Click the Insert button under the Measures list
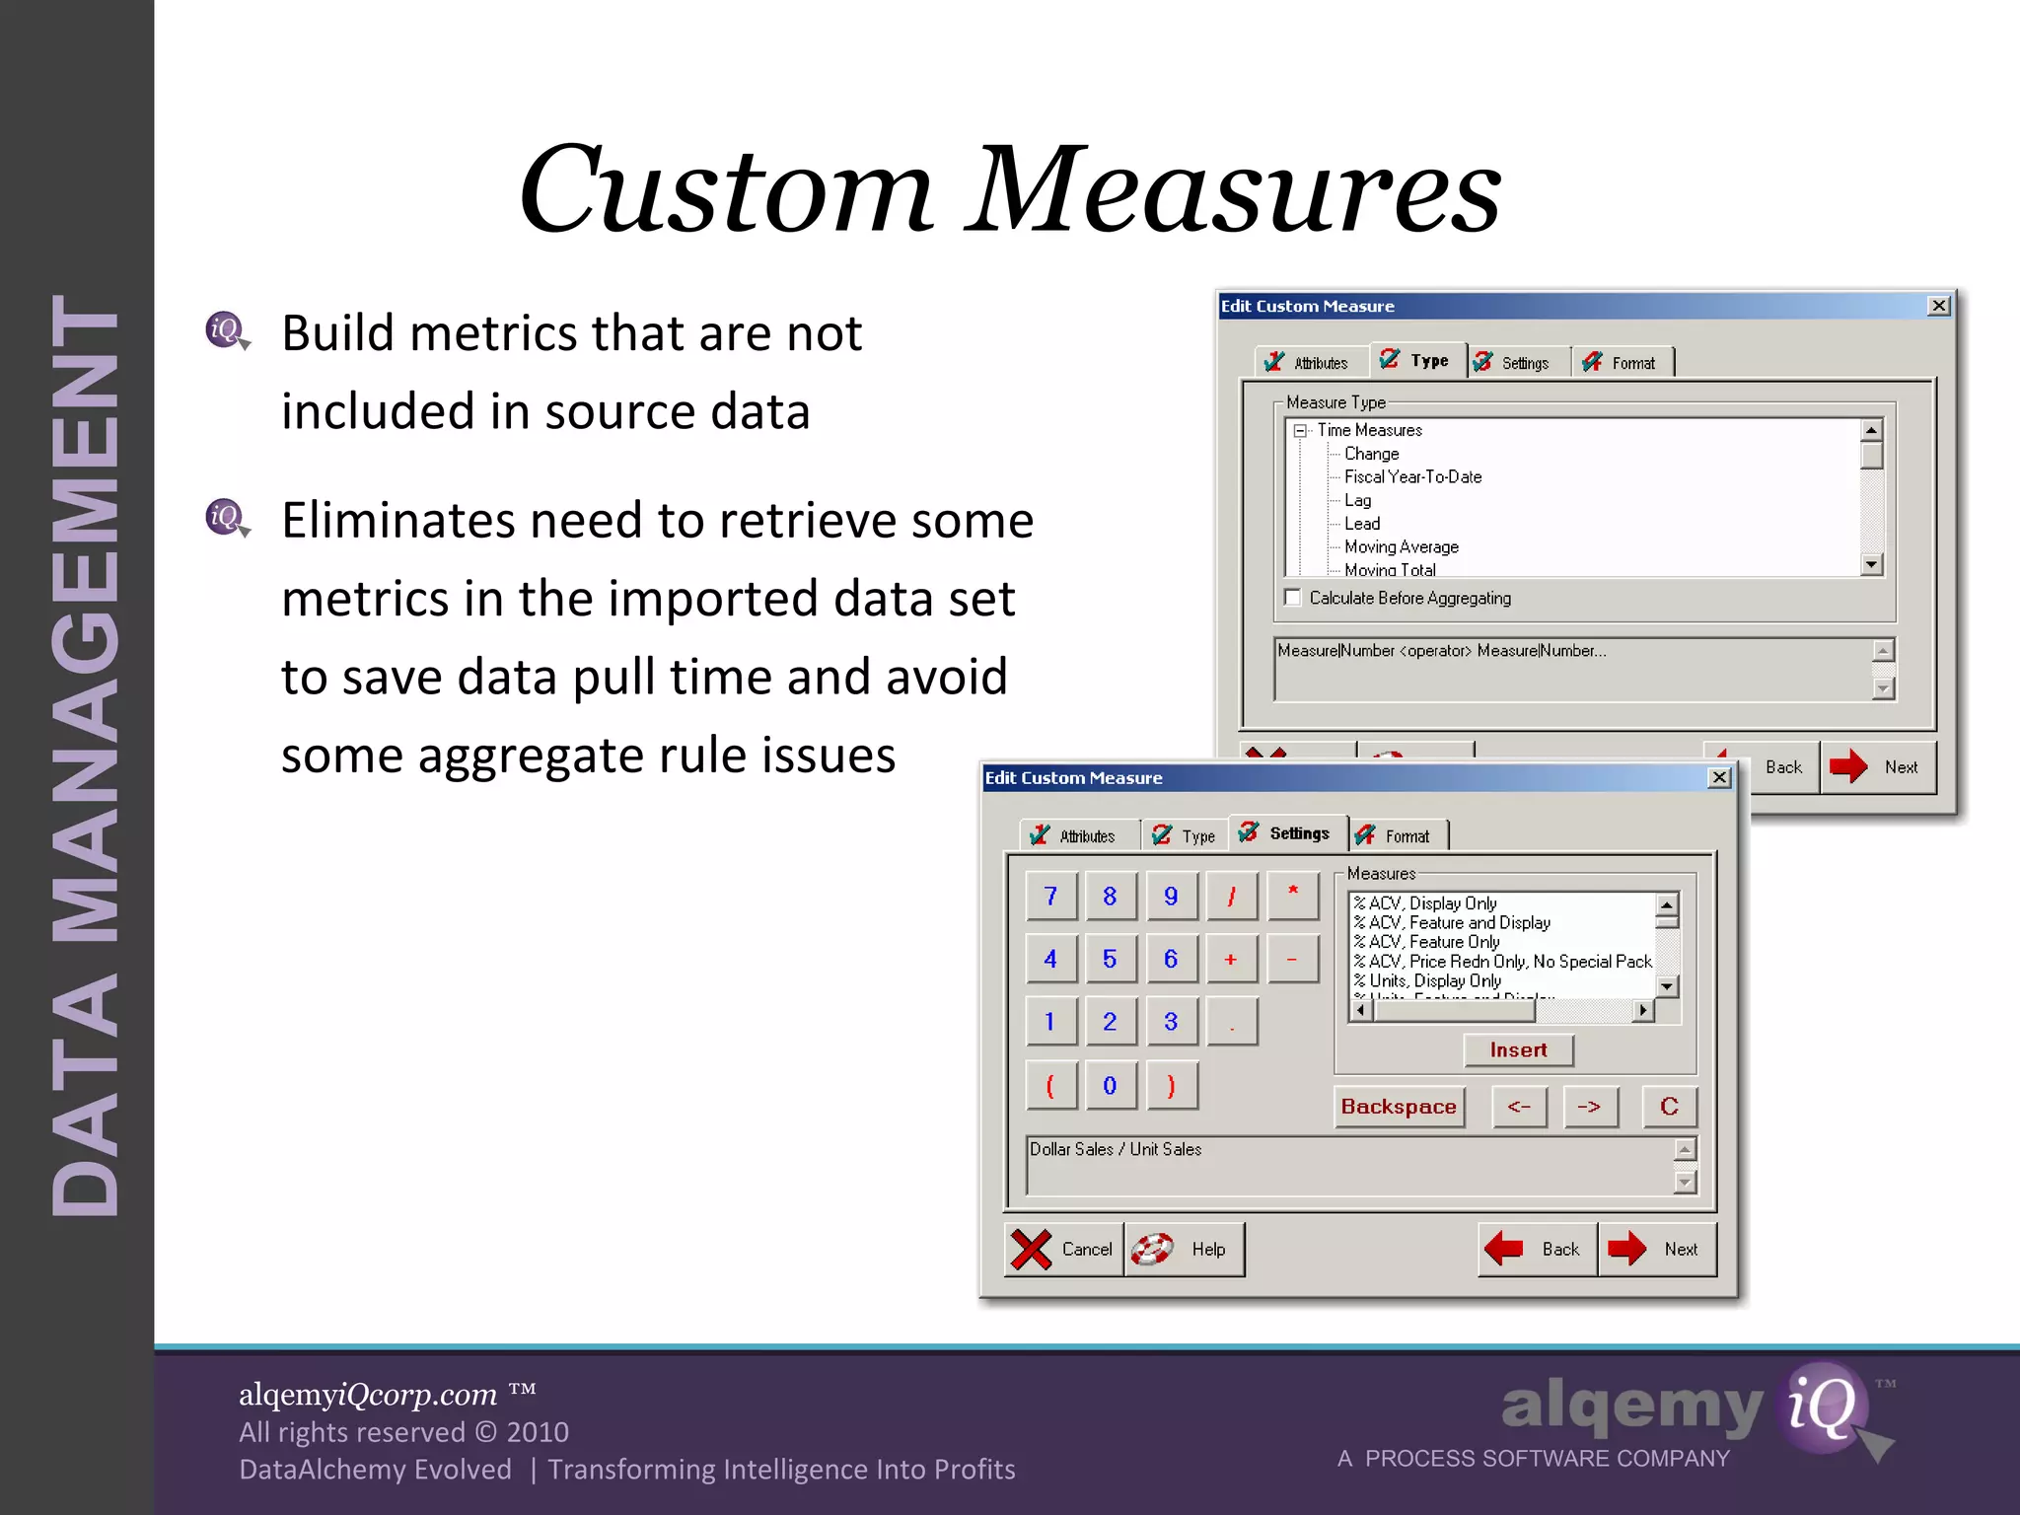(1518, 1050)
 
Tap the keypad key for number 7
(1050, 897)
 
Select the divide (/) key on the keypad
(1231, 897)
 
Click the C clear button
(1669, 1107)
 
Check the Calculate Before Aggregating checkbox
(1293, 598)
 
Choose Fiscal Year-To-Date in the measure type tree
(1412, 477)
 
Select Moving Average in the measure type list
(1401, 547)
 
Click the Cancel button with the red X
(1063, 1250)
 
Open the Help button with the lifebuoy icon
(1184, 1250)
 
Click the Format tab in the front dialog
(1399, 836)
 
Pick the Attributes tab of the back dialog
(1310, 363)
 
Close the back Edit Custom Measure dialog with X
(1938, 306)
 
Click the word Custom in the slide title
(725, 189)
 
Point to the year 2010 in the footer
(538, 1432)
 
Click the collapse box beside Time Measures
(1300, 431)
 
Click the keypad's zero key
(1110, 1086)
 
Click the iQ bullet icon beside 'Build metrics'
(227, 330)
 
